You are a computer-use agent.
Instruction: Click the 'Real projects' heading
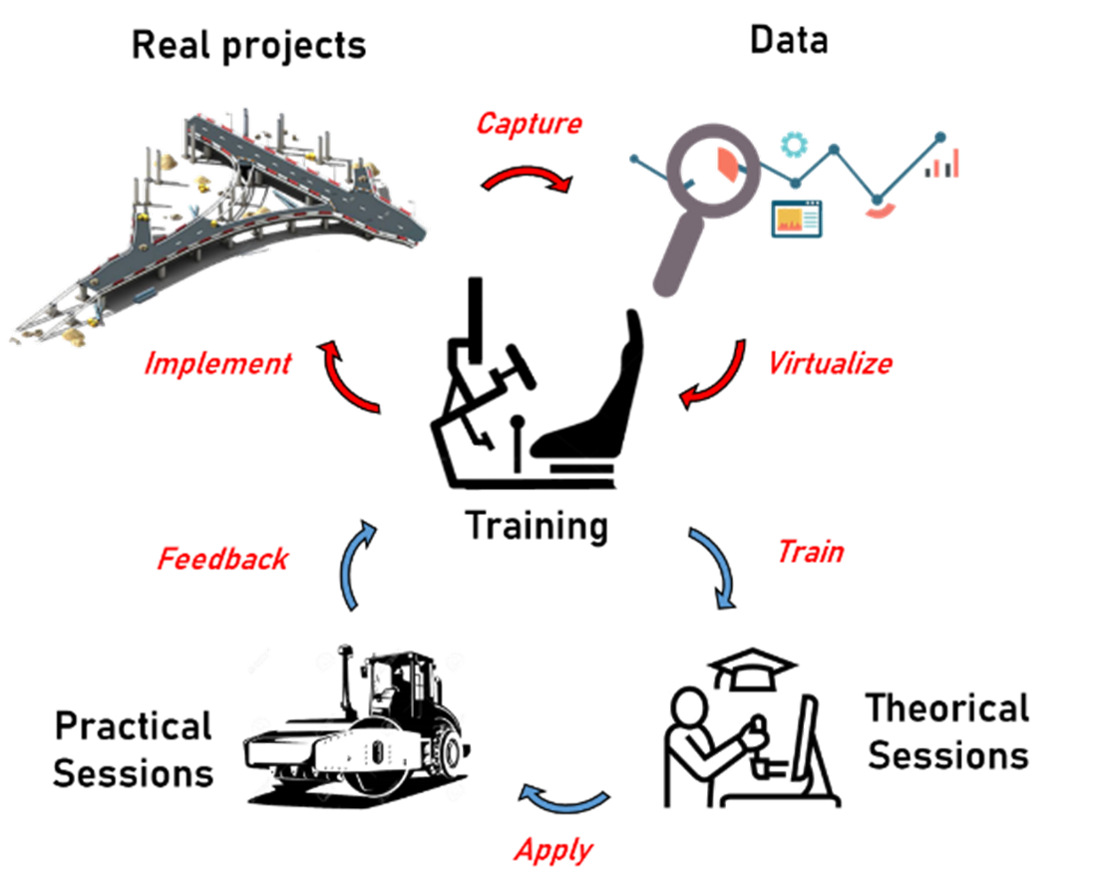(x=248, y=44)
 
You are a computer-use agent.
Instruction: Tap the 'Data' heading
(x=789, y=39)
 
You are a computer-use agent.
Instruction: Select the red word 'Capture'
(x=529, y=124)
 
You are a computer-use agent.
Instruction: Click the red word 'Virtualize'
(x=830, y=363)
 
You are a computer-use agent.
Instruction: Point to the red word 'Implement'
(x=217, y=363)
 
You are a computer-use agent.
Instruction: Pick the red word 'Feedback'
(x=222, y=558)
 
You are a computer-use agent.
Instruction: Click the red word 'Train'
(x=810, y=551)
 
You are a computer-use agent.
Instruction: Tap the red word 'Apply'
(x=553, y=850)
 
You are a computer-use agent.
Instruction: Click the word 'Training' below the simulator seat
(x=536, y=526)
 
